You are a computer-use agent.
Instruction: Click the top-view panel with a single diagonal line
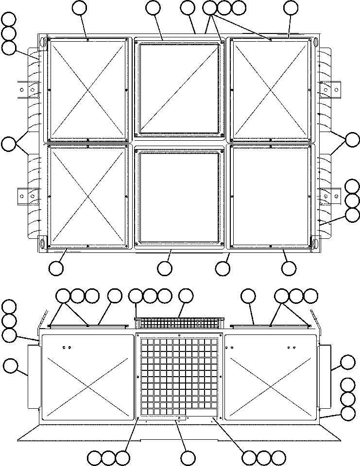[x=179, y=88]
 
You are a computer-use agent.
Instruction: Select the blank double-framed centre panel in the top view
[x=179, y=197]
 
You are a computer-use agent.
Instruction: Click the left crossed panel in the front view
[x=87, y=376]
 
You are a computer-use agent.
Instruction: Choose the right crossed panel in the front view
[x=271, y=376]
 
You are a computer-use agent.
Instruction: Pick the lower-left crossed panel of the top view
[x=87, y=195]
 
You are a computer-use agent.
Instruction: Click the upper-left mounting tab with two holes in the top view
[x=27, y=90]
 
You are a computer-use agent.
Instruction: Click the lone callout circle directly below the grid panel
[x=188, y=457]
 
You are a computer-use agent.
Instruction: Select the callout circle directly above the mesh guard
[x=186, y=296]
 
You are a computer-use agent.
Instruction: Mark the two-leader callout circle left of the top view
[x=9, y=144]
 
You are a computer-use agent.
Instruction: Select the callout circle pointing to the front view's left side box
[x=10, y=366]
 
